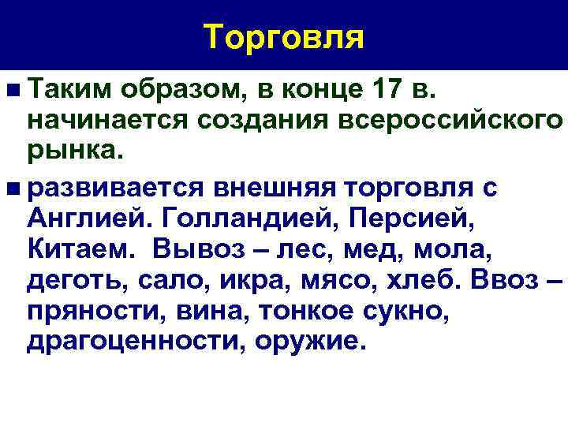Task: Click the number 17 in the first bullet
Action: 383,92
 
